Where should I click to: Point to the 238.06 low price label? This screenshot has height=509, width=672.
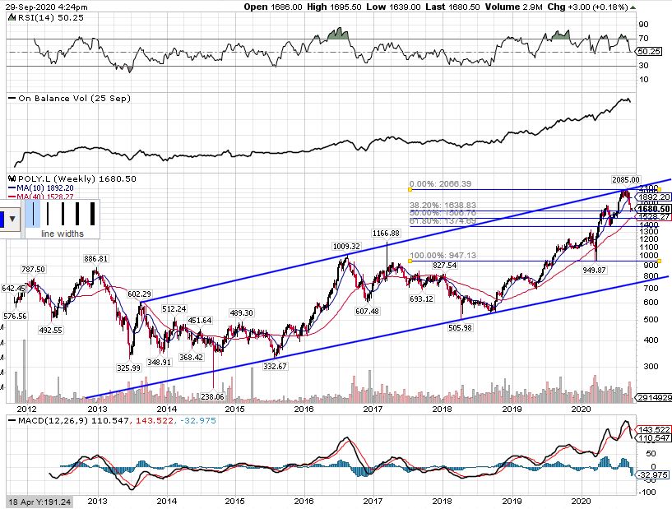point(212,396)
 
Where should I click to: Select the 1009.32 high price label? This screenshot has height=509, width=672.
point(345,246)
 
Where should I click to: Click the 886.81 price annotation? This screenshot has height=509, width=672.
point(97,258)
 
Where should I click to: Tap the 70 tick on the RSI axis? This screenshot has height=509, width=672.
point(644,39)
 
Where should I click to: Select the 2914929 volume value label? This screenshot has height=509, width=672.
point(654,398)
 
